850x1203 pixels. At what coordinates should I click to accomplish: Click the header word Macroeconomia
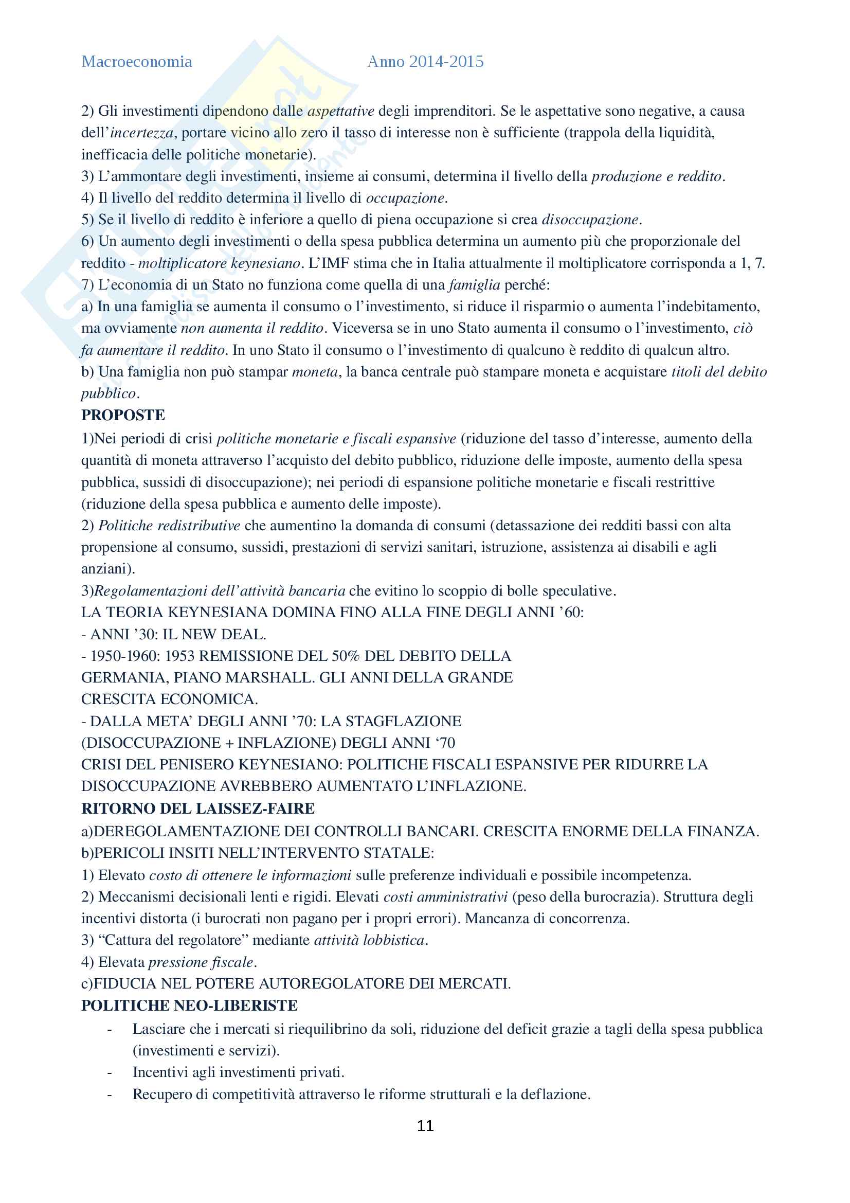click(x=137, y=62)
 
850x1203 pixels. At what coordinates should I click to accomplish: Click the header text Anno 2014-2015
click(x=425, y=62)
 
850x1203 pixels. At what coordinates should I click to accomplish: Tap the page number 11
click(x=425, y=1125)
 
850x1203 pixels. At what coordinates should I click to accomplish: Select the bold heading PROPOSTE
click(x=123, y=415)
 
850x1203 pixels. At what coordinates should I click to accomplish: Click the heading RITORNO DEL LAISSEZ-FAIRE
click(x=198, y=809)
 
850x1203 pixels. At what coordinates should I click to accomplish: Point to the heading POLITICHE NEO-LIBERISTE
click(x=189, y=1006)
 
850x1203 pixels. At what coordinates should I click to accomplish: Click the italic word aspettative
click(x=340, y=111)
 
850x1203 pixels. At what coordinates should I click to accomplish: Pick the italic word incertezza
click(x=141, y=133)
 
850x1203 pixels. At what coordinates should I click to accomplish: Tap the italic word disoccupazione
click(x=590, y=220)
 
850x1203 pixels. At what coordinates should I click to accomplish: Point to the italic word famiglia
click(x=475, y=285)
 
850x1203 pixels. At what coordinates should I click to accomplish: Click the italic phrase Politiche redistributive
click(x=169, y=526)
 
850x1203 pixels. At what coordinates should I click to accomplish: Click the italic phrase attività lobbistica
click(x=369, y=940)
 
